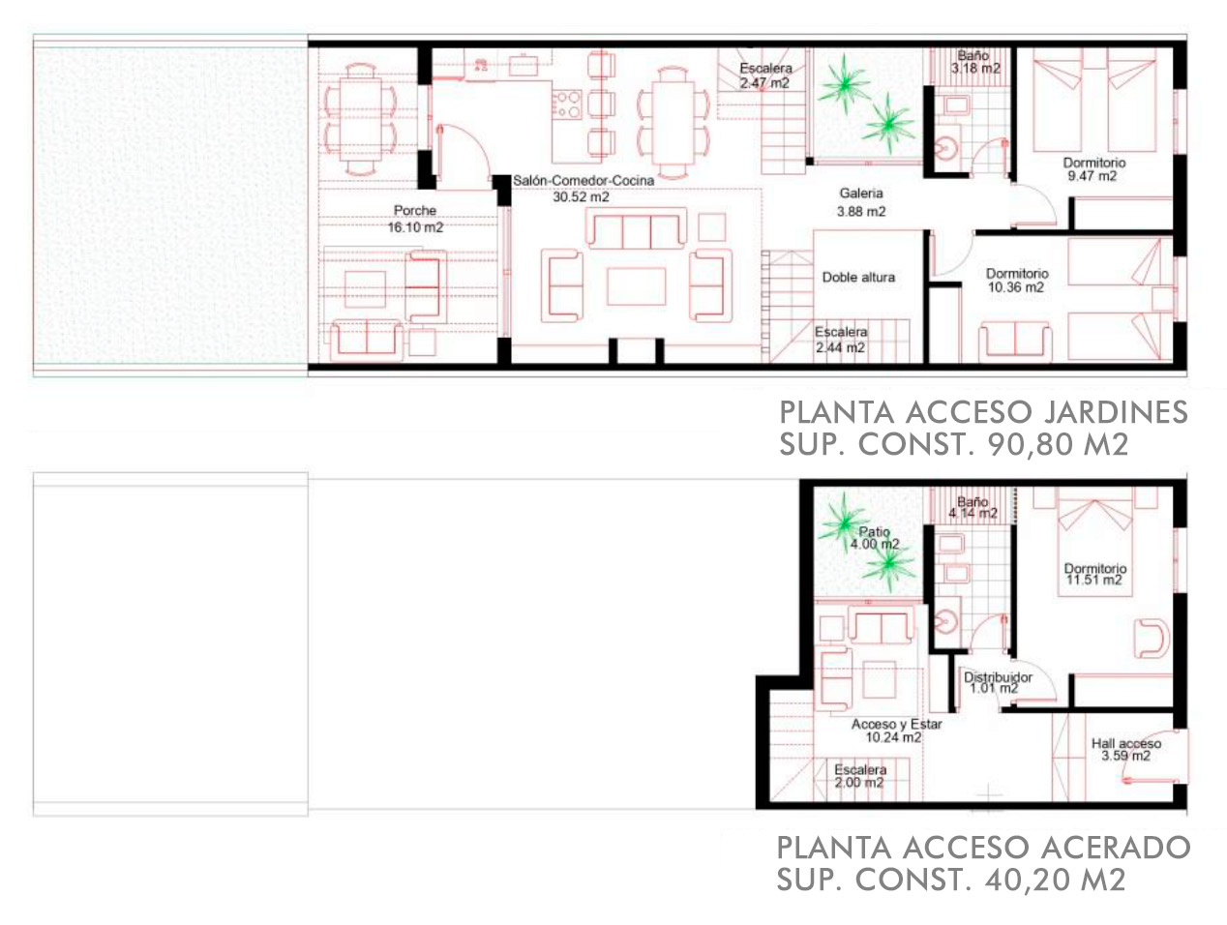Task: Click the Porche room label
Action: (x=414, y=211)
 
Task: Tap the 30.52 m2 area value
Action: (x=581, y=197)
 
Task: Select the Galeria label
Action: (x=861, y=194)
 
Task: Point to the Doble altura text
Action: (x=858, y=278)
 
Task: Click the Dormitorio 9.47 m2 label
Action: (x=1094, y=169)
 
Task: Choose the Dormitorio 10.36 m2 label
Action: (x=1016, y=281)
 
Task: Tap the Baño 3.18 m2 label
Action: (x=974, y=62)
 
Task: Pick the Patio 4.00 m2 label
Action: (x=875, y=538)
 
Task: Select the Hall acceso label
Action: (x=1126, y=744)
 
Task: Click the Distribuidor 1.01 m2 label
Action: (x=998, y=682)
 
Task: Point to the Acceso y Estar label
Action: (x=896, y=725)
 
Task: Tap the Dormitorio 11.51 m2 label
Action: (x=1094, y=574)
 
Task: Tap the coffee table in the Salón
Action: (x=636, y=286)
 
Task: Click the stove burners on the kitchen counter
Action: (x=567, y=104)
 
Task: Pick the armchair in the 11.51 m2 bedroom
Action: (x=1152, y=639)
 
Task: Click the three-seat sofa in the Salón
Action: (x=636, y=227)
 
